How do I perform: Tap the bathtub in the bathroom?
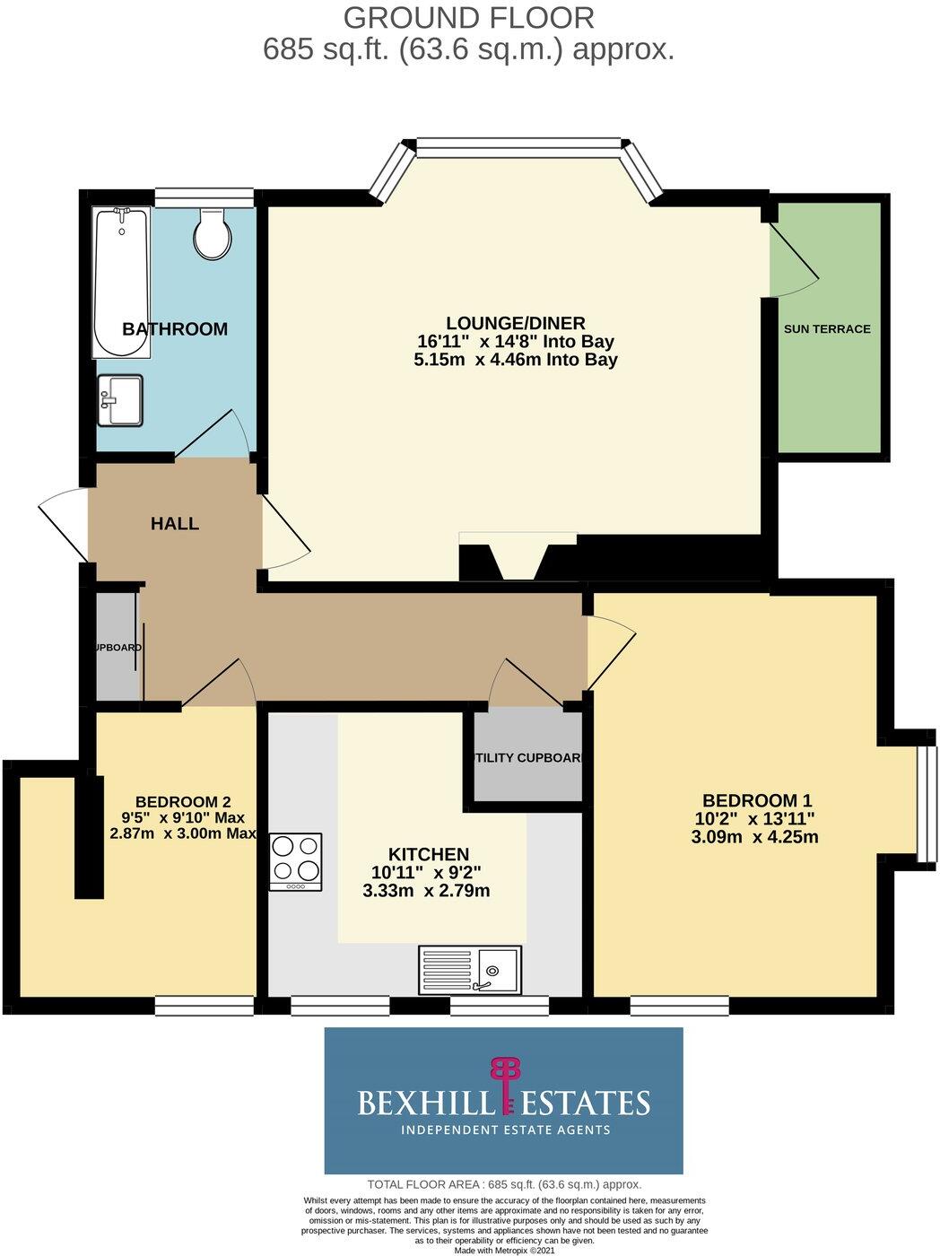click(x=122, y=283)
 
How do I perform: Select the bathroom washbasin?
click(x=120, y=399)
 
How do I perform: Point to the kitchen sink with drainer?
click(x=469, y=970)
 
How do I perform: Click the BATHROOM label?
click(x=175, y=329)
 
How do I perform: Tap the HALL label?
click(x=175, y=524)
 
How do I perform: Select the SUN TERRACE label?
click(x=827, y=329)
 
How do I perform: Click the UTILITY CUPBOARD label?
click(x=527, y=758)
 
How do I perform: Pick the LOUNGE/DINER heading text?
click(x=516, y=323)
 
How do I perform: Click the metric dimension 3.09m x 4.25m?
click(x=754, y=838)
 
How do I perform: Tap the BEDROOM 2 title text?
click(x=177, y=801)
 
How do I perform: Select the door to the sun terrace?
click(x=793, y=260)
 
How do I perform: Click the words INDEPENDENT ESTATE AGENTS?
click(x=505, y=1130)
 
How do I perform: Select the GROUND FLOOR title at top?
click(x=468, y=17)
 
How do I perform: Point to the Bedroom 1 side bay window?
click(x=926, y=800)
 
